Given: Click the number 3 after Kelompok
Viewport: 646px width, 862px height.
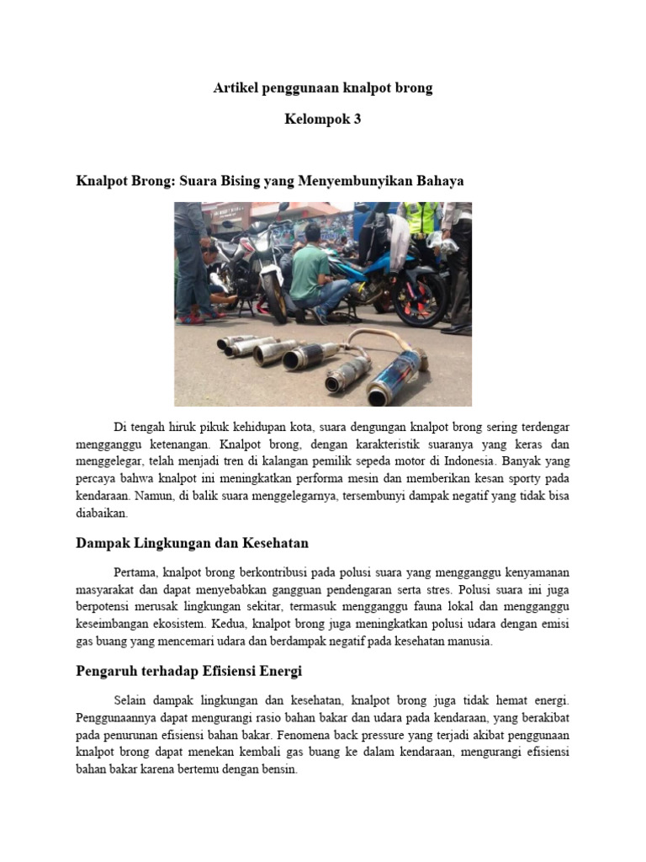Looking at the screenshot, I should [x=357, y=119].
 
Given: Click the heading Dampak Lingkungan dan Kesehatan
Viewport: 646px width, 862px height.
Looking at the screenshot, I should [x=198, y=543].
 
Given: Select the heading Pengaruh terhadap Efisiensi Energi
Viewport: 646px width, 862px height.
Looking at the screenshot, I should [x=188, y=671].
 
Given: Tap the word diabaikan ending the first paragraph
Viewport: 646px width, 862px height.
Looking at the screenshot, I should [x=101, y=512].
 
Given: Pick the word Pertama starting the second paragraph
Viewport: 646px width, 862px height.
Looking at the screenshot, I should [x=135, y=573].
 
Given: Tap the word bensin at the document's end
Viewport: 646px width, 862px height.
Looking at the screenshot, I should [x=278, y=769].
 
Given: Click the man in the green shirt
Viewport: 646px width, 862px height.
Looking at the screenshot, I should [x=311, y=269].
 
